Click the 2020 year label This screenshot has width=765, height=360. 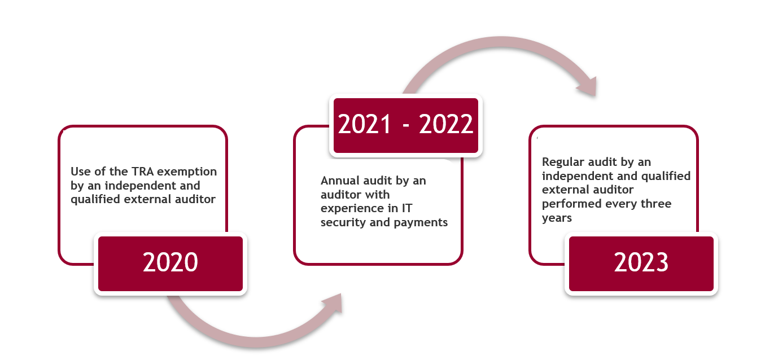(170, 262)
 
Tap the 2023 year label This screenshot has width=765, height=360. (641, 262)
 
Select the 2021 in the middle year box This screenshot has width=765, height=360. (364, 124)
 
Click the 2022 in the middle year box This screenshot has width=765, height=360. (446, 124)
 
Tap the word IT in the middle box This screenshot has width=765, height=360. (406, 208)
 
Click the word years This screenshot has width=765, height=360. (557, 218)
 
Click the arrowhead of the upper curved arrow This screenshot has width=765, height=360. (588, 86)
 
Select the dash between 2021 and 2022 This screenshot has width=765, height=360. (406, 126)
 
